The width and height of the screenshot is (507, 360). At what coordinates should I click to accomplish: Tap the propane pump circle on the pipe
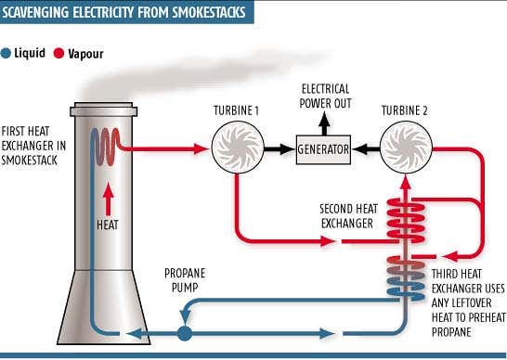pyautogui.click(x=186, y=330)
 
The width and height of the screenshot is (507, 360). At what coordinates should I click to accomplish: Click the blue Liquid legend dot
pyautogui.click(x=7, y=54)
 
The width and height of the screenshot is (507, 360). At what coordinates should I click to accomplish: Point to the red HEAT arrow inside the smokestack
pyautogui.click(x=111, y=199)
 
